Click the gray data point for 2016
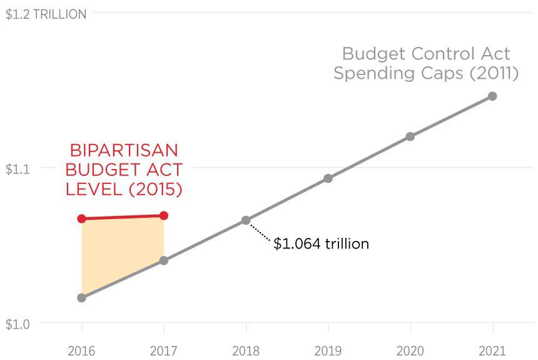(x=81, y=297)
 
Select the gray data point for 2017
(x=164, y=260)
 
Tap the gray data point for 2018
(x=246, y=220)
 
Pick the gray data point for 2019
(x=328, y=178)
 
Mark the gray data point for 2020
(x=410, y=136)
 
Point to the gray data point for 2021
(x=492, y=96)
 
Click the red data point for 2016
(x=81, y=219)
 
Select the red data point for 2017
(x=164, y=215)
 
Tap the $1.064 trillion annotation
(x=321, y=244)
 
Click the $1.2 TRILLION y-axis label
(x=46, y=14)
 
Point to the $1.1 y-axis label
(x=17, y=168)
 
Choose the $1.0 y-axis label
(x=17, y=324)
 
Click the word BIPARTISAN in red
(x=124, y=150)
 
